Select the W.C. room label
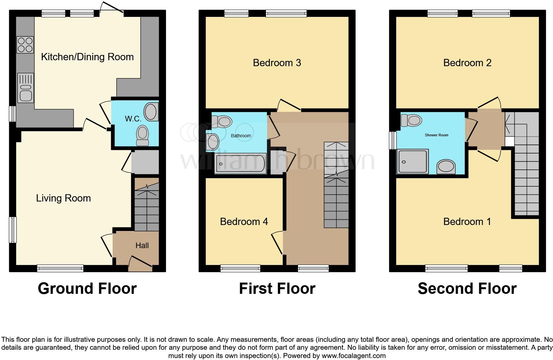coord(133,119)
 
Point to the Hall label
coord(142,246)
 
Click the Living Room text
coord(63,198)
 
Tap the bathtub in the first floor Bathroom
coord(240,163)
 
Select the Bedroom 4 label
coord(244,221)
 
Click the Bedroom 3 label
coord(277,63)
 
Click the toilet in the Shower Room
coord(410,120)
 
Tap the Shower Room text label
coord(436,135)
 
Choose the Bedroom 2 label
coord(467,63)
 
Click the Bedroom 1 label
coord(467,221)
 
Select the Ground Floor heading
coord(87,288)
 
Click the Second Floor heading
coord(467,288)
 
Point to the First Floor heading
coord(277,288)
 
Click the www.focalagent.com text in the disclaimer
coord(353,356)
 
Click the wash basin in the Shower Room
coord(446,167)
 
